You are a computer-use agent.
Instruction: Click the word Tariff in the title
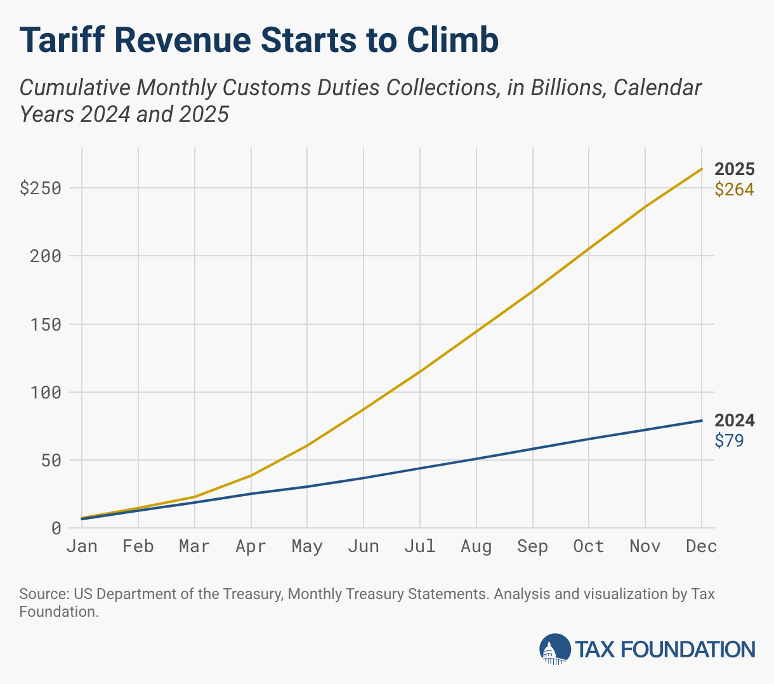61,41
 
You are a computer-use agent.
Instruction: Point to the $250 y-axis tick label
41,188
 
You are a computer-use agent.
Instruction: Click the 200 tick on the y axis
46,256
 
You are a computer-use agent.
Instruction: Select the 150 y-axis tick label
46,324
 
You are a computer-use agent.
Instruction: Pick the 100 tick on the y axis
46,392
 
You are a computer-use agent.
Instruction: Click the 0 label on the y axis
56,528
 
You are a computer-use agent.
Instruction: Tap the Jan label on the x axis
82,546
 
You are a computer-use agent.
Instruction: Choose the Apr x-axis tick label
251,546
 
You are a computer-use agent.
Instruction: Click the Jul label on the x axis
419,546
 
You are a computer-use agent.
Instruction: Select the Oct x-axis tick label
588,546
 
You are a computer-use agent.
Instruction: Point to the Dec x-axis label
701,546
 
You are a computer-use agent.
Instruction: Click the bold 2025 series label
735,169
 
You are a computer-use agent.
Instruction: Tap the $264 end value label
735,189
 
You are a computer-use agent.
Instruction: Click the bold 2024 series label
735,420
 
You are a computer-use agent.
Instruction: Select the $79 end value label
729,440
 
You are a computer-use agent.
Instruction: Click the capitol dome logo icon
554,648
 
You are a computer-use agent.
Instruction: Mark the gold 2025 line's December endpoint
702,169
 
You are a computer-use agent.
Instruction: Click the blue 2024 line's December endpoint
702,421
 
